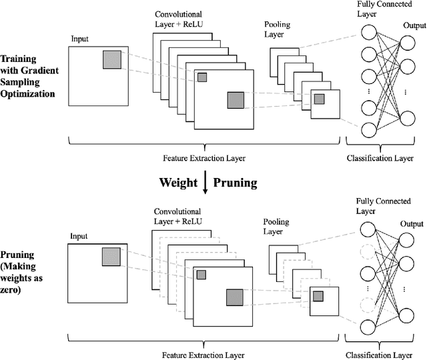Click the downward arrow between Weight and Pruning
206,182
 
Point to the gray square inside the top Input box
111,60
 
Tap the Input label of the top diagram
79,38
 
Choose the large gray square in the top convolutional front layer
236,101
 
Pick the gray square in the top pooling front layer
319,99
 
